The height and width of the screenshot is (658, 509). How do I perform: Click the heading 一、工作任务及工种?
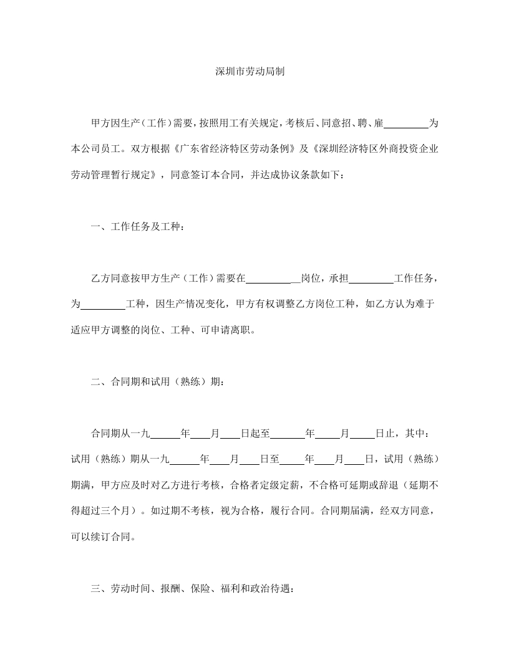(x=137, y=226)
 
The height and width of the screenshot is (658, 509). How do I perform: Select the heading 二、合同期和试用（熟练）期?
(x=157, y=382)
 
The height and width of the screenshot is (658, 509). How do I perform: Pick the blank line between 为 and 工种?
(x=104, y=304)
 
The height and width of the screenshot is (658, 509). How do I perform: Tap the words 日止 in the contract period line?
(x=387, y=433)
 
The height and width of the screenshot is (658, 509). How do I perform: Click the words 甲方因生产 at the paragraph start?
(x=115, y=124)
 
